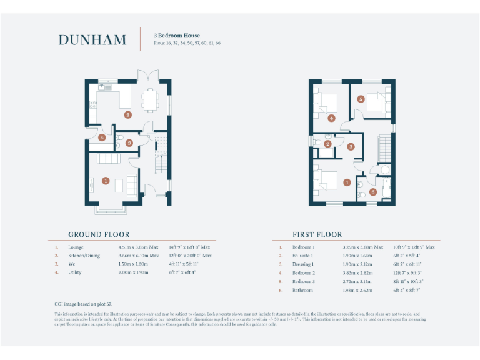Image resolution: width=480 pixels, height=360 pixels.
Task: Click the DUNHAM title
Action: [92, 40]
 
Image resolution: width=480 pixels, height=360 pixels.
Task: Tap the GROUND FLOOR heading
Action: [99, 235]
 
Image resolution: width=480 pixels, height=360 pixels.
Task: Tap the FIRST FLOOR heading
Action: [317, 235]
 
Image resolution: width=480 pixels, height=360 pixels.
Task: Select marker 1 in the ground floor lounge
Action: [105, 181]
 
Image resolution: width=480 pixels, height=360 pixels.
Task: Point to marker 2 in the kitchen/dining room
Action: [127, 114]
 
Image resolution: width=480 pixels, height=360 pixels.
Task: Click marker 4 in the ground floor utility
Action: [101, 137]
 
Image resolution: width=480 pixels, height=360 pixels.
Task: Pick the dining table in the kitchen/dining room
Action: [150, 99]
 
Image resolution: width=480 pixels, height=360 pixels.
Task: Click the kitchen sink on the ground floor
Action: [101, 88]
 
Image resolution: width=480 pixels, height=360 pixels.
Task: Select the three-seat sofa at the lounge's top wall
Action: [110, 158]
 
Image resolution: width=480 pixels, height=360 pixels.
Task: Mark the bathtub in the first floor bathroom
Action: [386, 188]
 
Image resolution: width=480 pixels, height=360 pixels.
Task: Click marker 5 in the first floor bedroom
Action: [361, 99]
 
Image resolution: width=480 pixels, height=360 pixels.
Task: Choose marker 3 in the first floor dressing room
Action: [351, 147]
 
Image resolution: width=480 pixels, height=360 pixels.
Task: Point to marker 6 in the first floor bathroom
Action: [372, 192]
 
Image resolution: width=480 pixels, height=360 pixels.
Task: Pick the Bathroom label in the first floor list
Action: [303, 290]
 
